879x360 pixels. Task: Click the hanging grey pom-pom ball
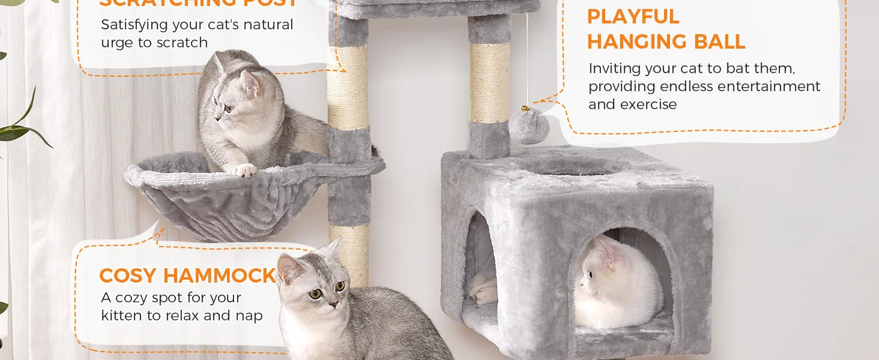[529, 126]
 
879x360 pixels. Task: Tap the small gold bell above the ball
[523, 109]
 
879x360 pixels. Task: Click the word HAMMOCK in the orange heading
[220, 275]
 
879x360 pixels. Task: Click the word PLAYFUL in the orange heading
[633, 17]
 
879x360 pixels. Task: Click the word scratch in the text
[182, 43]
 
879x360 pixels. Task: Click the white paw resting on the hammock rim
[245, 170]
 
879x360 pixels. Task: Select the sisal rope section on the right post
[489, 82]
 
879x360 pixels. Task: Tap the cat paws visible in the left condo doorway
[484, 291]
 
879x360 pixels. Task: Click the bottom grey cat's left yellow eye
[315, 294]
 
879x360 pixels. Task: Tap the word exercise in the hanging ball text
[648, 105]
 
